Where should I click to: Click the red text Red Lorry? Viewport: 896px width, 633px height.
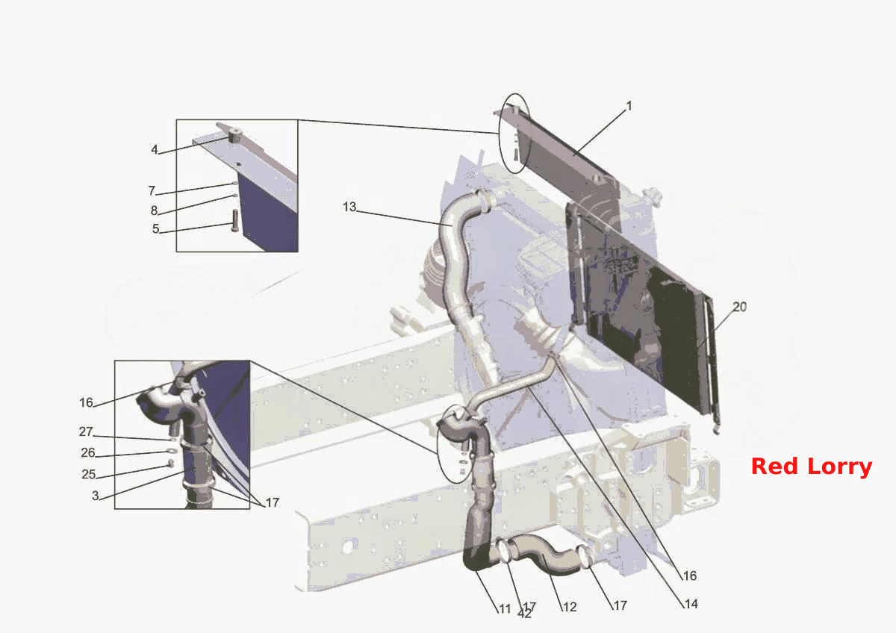811,467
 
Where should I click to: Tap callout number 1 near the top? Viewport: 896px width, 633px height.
629,106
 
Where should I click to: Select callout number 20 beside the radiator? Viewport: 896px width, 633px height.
740,307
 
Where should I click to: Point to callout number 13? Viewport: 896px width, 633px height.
349,207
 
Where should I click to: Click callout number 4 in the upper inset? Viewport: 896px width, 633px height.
155,149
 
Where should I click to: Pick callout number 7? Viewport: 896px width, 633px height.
152,191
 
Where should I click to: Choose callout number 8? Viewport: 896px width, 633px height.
154,211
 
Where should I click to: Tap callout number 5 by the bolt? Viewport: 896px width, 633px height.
155,228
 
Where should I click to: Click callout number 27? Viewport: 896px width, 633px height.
86,431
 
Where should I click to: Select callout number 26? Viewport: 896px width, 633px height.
88,452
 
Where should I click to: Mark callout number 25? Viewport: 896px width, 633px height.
88,474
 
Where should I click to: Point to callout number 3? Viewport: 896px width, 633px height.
96,496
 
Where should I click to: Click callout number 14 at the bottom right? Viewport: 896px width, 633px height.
691,604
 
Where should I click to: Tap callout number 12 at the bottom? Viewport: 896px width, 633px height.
570,607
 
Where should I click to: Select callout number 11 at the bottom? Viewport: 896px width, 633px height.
505,608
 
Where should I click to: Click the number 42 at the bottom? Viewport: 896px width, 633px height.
524,614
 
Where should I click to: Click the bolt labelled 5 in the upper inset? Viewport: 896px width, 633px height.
234,221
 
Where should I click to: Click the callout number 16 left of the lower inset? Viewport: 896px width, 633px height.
86,402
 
